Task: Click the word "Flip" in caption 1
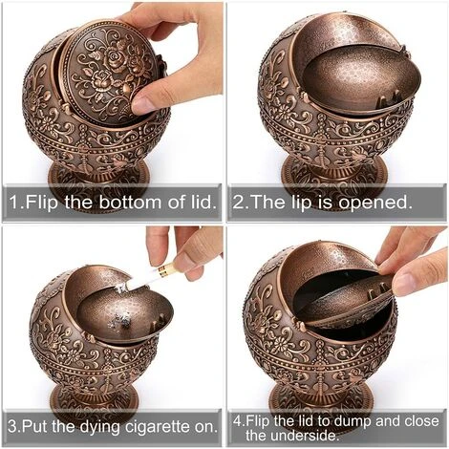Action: coord(41,203)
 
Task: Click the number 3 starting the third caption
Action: coord(12,426)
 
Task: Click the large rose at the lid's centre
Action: coord(115,57)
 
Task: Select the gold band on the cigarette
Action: coord(162,270)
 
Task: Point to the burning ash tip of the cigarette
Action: coord(121,289)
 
